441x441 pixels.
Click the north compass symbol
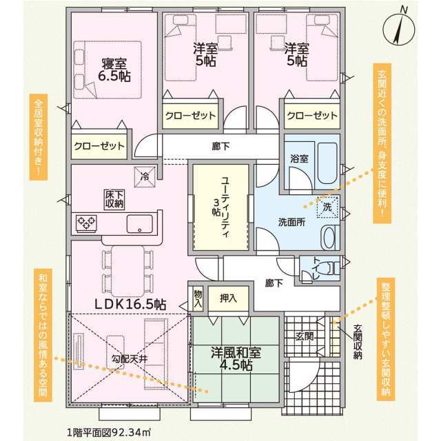(x=400, y=29)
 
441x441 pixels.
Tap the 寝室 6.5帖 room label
(x=114, y=70)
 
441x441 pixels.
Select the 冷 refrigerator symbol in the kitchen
(x=145, y=176)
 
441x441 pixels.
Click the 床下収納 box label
(x=114, y=199)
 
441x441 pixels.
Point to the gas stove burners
(x=86, y=223)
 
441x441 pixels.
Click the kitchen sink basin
(x=140, y=224)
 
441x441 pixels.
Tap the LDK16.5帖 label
(x=130, y=305)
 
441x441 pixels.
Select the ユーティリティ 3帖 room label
(x=221, y=207)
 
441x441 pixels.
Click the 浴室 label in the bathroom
(x=299, y=158)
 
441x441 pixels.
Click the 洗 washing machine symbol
(x=327, y=207)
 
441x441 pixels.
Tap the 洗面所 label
(x=291, y=222)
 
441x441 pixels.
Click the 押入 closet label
(x=228, y=298)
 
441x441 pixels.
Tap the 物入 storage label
(x=198, y=298)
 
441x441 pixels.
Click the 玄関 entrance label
(x=305, y=336)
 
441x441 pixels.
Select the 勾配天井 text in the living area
(x=129, y=358)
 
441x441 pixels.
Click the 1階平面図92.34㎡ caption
(x=109, y=432)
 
